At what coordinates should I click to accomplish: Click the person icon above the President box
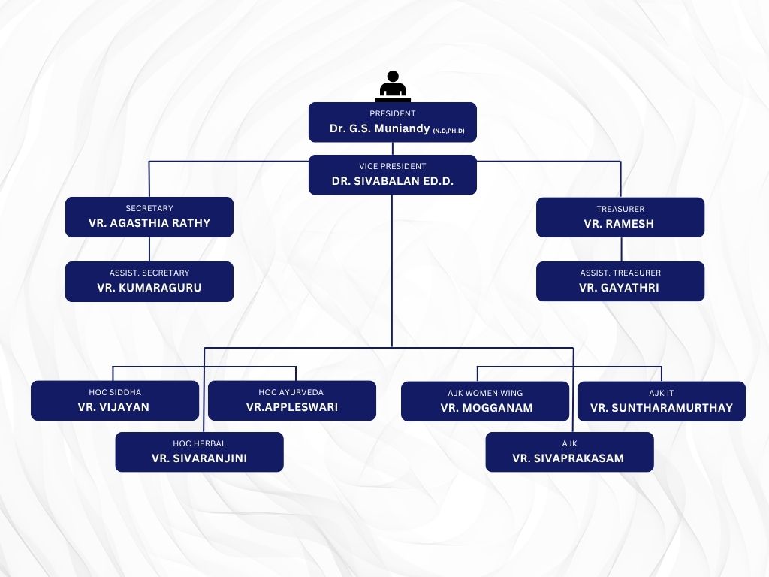[x=392, y=86]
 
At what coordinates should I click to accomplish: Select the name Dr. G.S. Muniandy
[x=379, y=128]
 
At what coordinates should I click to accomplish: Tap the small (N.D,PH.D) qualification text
[x=448, y=131]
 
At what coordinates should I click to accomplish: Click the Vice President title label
[x=392, y=166]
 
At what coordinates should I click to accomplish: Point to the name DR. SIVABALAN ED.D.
[x=392, y=181]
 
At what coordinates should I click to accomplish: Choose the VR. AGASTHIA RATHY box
[x=149, y=217]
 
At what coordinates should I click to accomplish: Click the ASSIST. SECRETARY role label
[x=149, y=273]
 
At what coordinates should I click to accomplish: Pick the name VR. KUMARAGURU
[x=149, y=288]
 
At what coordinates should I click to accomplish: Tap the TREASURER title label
[x=620, y=209]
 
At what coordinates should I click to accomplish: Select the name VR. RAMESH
[x=620, y=224]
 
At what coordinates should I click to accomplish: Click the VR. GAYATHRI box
[x=620, y=281]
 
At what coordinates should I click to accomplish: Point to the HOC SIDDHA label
[x=115, y=392]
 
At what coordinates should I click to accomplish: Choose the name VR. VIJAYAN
[x=114, y=407]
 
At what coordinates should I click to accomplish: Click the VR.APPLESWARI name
[x=291, y=407]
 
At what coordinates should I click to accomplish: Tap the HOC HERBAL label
[x=199, y=443]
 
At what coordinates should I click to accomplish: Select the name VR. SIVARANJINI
[x=199, y=458]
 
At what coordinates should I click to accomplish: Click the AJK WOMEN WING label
[x=485, y=393]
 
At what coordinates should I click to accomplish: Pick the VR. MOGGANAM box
[x=485, y=401]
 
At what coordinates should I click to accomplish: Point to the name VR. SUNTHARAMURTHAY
[x=661, y=408]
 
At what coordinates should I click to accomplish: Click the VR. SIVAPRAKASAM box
[x=569, y=452]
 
